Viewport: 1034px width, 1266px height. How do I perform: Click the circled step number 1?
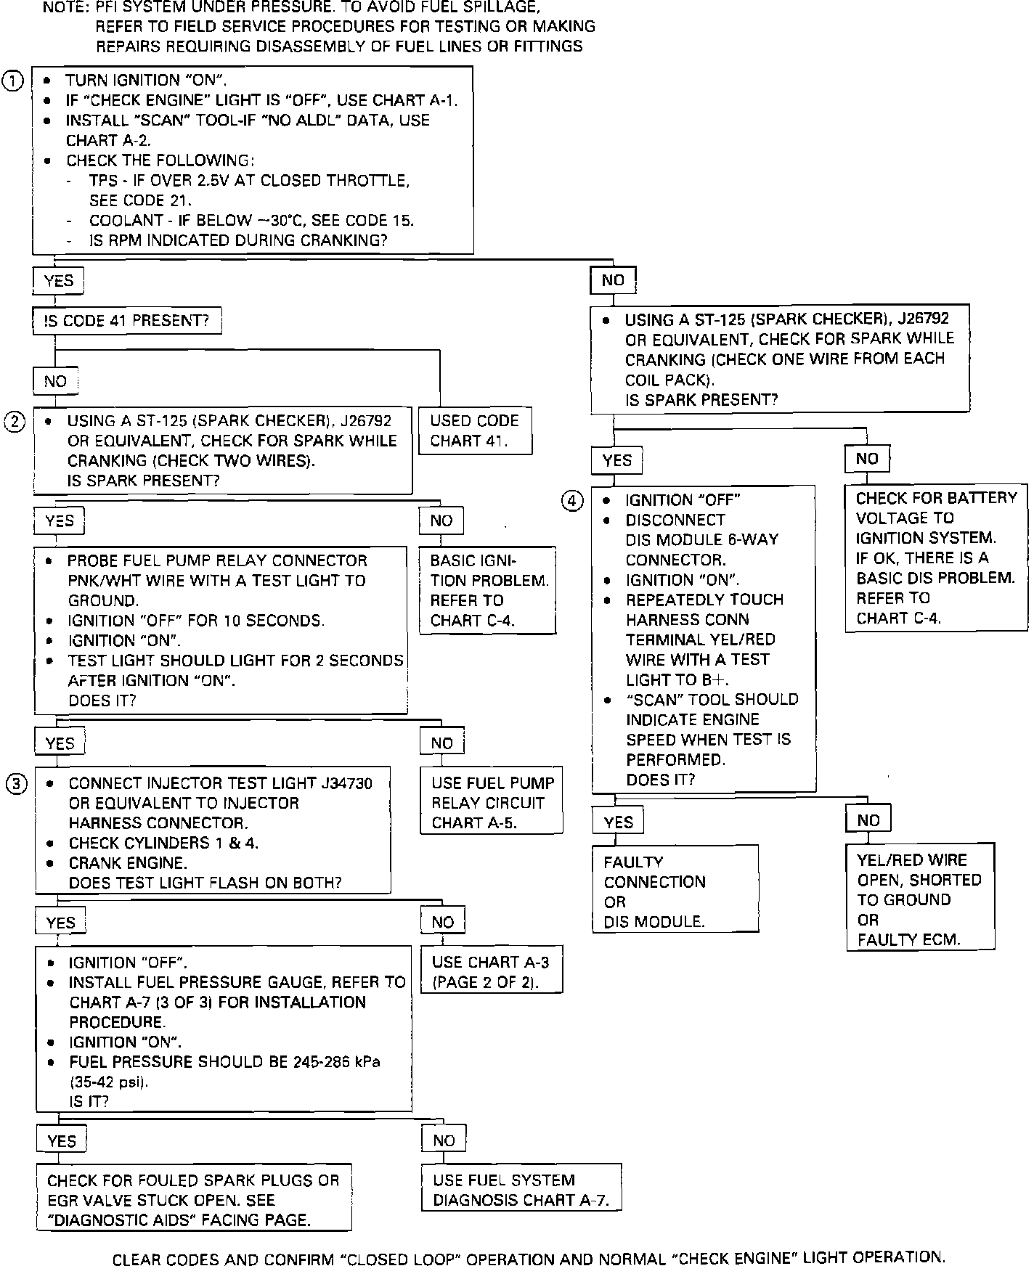(x=13, y=81)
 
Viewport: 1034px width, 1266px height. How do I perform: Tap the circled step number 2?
(x=15, y=421)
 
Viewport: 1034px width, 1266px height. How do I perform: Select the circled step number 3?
(x=17, y=783)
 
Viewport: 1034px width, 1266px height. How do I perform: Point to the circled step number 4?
(x=573, y=500)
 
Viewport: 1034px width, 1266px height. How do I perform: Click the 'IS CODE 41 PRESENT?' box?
(x=127, y=321)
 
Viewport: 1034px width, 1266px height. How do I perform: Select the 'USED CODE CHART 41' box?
(x=475, y=430)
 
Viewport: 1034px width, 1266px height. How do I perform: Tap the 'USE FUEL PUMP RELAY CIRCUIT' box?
(x=492, y=802)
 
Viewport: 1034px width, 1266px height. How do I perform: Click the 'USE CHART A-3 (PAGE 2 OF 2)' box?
(x=491, y=972)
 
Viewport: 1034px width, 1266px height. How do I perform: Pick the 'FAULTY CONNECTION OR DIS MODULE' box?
(x=675, y=891)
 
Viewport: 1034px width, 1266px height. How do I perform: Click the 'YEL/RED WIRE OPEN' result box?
(x=919, y=899)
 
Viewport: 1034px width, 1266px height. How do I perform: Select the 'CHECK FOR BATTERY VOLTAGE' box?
(x=936, y=558)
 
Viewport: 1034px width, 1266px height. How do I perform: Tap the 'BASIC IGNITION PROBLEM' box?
(x=488, y=590)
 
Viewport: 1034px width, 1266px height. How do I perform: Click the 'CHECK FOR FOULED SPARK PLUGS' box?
(x=194, y=1200)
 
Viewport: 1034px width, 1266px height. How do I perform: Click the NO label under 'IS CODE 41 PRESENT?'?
(x=55, y=381)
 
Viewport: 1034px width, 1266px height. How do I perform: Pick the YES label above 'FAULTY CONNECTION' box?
(x=618, y=822)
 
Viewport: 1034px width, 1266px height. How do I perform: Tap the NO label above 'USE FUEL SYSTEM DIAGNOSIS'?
(x=444, y=1140)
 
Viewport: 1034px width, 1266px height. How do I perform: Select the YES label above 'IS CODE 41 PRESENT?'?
(x=58, y=281)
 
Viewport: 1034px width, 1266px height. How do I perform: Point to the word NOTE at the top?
(x=63, y=8)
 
